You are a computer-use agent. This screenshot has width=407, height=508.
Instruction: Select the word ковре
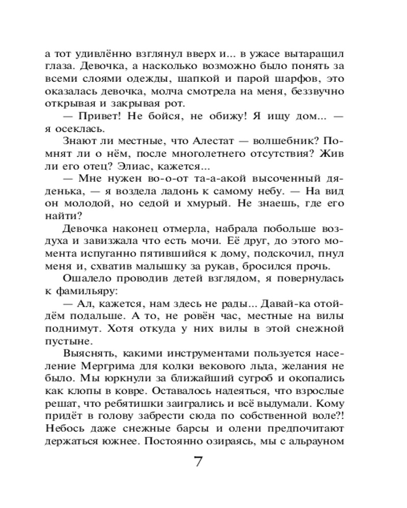click(x=128, y=390)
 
